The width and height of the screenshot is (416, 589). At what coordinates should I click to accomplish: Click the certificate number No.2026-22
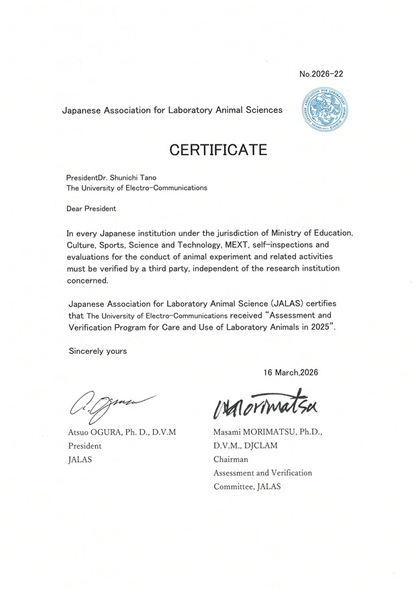(x=321, y=74)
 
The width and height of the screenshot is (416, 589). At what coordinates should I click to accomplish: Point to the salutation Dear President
(x=91, y=208)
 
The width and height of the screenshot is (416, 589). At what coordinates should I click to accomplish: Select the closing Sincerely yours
(x=97, y=351)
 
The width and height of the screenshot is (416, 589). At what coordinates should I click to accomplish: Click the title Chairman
(x=231, y=459)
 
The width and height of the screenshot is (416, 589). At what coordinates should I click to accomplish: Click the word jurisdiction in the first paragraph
(x=216, y=232)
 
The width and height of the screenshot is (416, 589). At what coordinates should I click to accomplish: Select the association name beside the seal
(x=172, y=109)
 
